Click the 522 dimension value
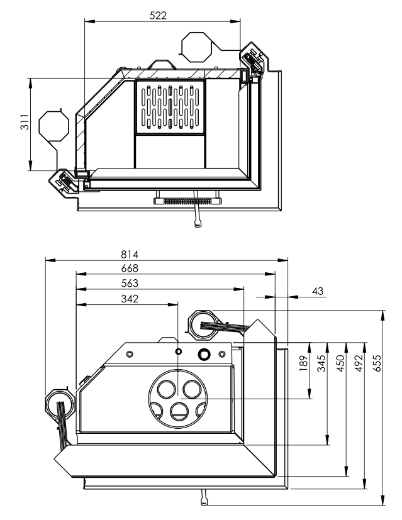click(158, 15)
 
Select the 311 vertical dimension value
click(23, 123)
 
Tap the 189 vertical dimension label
click(302, 363)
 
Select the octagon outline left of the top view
click(52, 125)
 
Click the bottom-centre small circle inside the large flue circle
click(179, 412)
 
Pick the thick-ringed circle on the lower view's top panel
click(204, 354)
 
